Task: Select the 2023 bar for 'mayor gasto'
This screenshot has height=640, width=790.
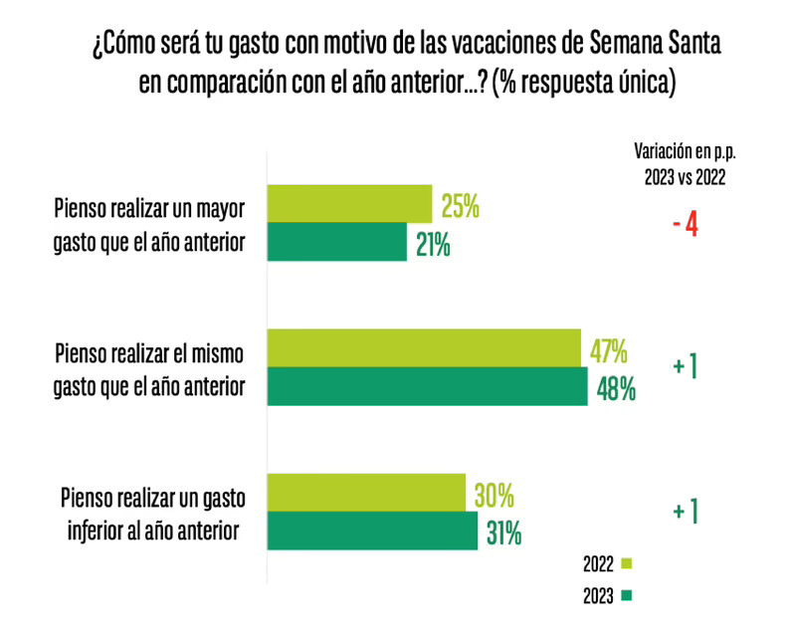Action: click(338, 242)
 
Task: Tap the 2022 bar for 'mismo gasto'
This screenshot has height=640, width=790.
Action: click(424, 347)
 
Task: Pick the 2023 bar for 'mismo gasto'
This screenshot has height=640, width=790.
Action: click(428, 386)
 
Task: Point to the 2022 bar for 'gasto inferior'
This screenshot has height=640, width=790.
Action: click(367, 493)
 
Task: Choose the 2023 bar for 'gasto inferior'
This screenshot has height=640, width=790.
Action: click(373, 531)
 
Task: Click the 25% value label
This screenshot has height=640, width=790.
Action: click(461, 208)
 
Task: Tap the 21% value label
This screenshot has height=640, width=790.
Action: click(434, 245)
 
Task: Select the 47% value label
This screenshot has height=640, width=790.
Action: click(607, 350)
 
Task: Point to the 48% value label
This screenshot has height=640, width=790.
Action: click(615, 388)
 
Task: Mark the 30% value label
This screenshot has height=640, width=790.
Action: click(493, 495)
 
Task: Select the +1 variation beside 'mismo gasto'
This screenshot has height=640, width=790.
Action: click(685, 366)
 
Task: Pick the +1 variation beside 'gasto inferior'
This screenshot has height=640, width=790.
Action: click(685, 512)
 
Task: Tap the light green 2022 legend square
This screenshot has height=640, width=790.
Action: click(627, 564)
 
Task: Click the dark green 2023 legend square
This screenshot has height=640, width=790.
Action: click(627, 596)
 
